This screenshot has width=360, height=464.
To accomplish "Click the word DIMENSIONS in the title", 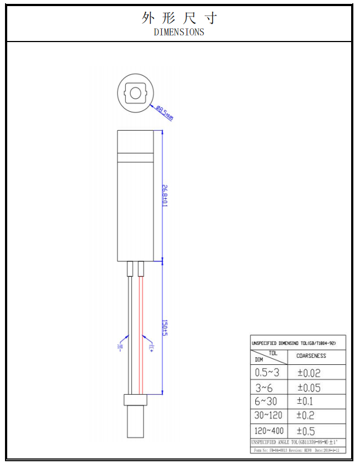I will (x=179, y=32).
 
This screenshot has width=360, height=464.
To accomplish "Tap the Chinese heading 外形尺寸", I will (x=179, y=18).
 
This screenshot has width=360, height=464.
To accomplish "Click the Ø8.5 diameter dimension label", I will (x=165, y=113).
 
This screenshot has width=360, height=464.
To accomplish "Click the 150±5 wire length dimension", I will (x=164, y=327).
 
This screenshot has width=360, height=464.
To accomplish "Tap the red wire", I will (x=141, y=332).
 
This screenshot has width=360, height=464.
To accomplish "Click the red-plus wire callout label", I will (x=151, y=347).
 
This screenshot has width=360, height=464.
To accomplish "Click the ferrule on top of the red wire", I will (x=141, y=269).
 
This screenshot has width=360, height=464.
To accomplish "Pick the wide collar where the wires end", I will (x=136, y=400).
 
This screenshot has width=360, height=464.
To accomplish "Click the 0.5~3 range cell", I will (x=267, y=373).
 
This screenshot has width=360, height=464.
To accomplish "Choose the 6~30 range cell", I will (x=266, y=401).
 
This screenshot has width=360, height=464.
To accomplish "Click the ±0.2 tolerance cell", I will (x=305, y=415).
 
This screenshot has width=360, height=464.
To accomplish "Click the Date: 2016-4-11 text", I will (x=327, y=450).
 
